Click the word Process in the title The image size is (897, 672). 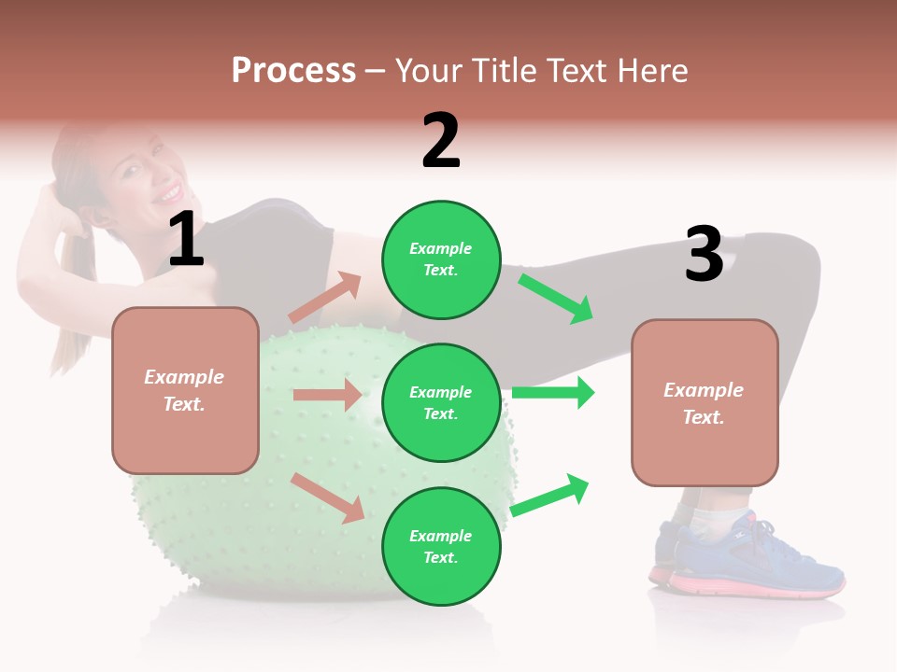[293, 71]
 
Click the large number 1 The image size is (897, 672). [186, 240]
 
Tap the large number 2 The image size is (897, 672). [441, 141]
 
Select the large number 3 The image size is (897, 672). [704, 255]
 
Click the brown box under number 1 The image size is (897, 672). [185, 390]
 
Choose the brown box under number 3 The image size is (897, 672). [705, 402]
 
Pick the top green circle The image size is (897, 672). [441, 259]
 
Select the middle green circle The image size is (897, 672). [441, 402]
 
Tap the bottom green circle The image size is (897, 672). [441, 546]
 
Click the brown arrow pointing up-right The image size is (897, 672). [325, 298]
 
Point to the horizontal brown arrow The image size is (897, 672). [327, 395]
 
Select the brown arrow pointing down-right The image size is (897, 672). [328, 497]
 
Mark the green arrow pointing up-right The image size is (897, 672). [550, 496]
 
